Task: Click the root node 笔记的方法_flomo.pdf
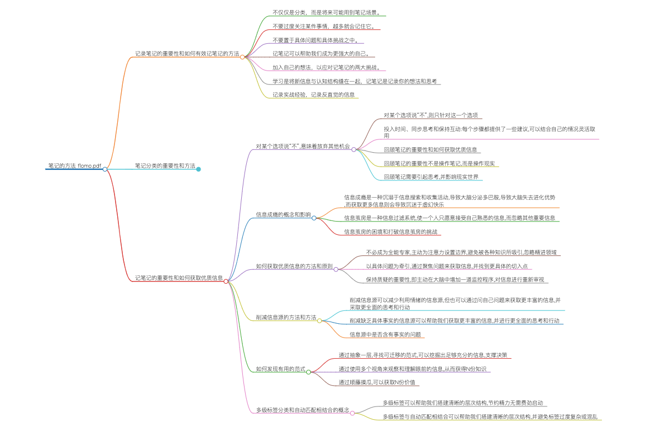point(74,165)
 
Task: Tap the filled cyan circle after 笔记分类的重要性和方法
point(198,169)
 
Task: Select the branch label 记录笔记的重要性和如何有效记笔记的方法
point(187,54)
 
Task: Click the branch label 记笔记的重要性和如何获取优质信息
point(178,278)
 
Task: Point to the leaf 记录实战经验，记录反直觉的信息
point(313,94)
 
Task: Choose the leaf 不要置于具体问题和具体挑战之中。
point(318,40)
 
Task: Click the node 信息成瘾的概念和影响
point(283,214)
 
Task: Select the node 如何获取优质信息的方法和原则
point(294,267)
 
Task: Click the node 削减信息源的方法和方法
point(286,318)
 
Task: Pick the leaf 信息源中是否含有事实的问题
point(385,334)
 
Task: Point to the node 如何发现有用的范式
point(281,369)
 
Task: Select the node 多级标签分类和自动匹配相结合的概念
point(302,410)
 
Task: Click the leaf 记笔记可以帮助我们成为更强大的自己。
point(324,54)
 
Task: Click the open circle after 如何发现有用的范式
point(308,371)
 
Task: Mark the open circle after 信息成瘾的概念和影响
point(314,218)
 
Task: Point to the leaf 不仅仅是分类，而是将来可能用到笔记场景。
point(326,12)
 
